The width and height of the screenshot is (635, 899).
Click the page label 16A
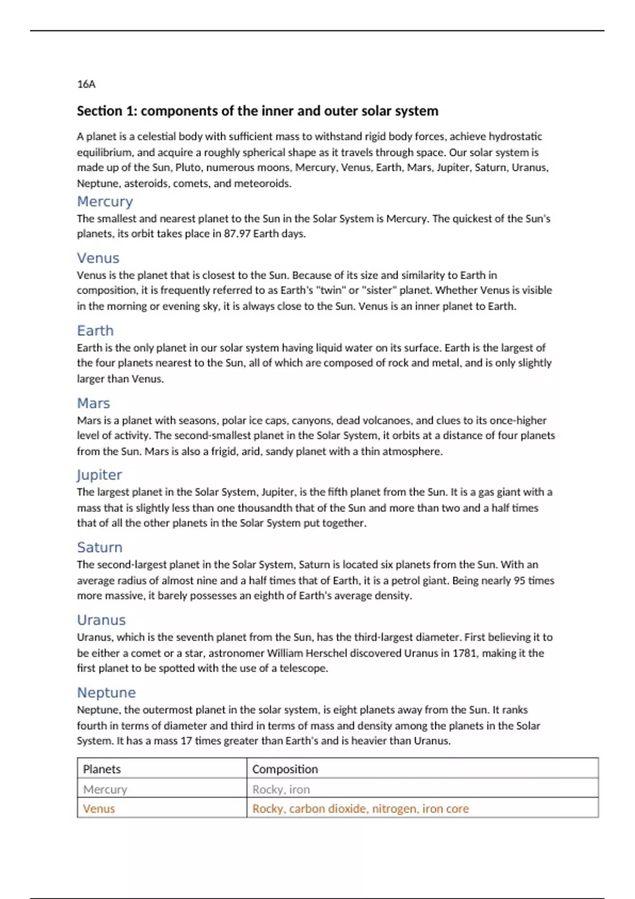pyautogui.click(x=86, y=84)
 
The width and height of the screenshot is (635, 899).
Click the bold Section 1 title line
pyautogui.click(x=257, y=111)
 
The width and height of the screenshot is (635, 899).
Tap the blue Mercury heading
pyautogui.click(x=105, y=201)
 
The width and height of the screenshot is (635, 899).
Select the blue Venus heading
pyautogui.click(x=98, y=258)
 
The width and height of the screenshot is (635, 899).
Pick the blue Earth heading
pyautogui.click(x=95, y=331)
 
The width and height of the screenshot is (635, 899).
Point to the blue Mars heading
pyautogui.click(x=93, y=403)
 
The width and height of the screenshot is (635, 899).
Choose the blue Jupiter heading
pyautogui.click(x=99, y=475)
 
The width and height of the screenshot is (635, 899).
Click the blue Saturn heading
pyautogui.click(x=99, y=547)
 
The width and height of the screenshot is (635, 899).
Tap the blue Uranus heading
pyautogui.click(x=101, y=620)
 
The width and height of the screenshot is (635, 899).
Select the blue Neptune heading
pyautogui.click(x=106, y=692)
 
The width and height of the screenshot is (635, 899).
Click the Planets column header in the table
pyautogui.click(x=102, y=769)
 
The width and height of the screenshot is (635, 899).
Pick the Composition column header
pyautogui.click(x=285, y=769)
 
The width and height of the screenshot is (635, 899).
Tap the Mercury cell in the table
pyautogui.click(x=105, y=789)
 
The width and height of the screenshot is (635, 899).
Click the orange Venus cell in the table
pyautogui.click(x=98, y=809)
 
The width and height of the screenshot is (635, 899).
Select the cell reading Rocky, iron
pyautogui.click(x=281, y=789)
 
